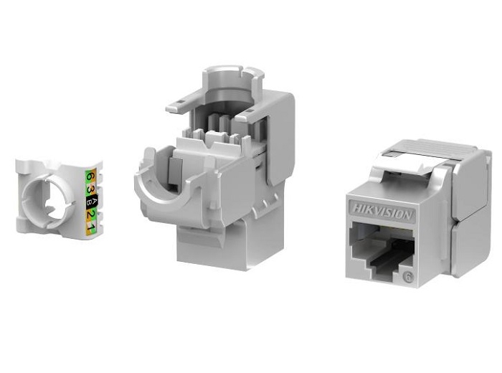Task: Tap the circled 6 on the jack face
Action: pos(408,277)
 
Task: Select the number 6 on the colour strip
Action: pos(90,176)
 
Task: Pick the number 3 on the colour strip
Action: pos(91,188)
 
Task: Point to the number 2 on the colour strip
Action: pos(91,214)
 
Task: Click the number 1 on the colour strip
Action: pos(91,227)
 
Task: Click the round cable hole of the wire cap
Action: pos(49,200)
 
